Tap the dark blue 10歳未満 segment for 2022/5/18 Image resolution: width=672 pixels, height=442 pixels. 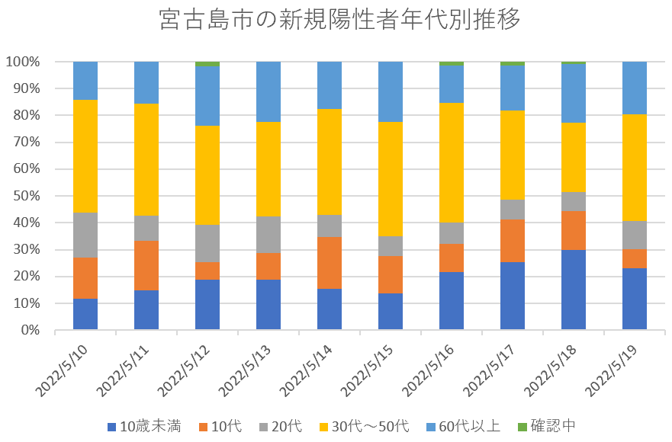pos(574,290)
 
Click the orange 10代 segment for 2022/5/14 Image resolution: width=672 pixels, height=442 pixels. pos(330,263)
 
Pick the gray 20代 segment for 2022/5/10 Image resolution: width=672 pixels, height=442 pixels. pos(85,235)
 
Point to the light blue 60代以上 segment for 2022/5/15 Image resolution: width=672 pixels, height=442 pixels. pos(391,91)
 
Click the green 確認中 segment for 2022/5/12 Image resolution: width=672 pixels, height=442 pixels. pos(207,64)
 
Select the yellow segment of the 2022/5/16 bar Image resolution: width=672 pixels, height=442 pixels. pos(452,162)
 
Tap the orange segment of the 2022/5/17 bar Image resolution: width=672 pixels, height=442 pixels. pos(513,240)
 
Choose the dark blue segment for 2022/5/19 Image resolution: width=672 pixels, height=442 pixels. pos(635,299)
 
